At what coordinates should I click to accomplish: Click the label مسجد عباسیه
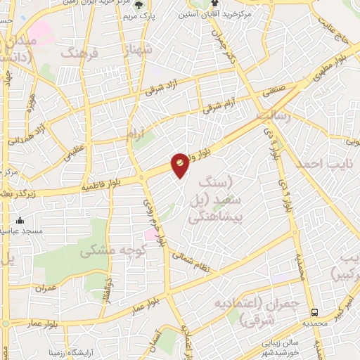coord(22,231)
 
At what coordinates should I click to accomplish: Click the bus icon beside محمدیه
coord(315,311)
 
